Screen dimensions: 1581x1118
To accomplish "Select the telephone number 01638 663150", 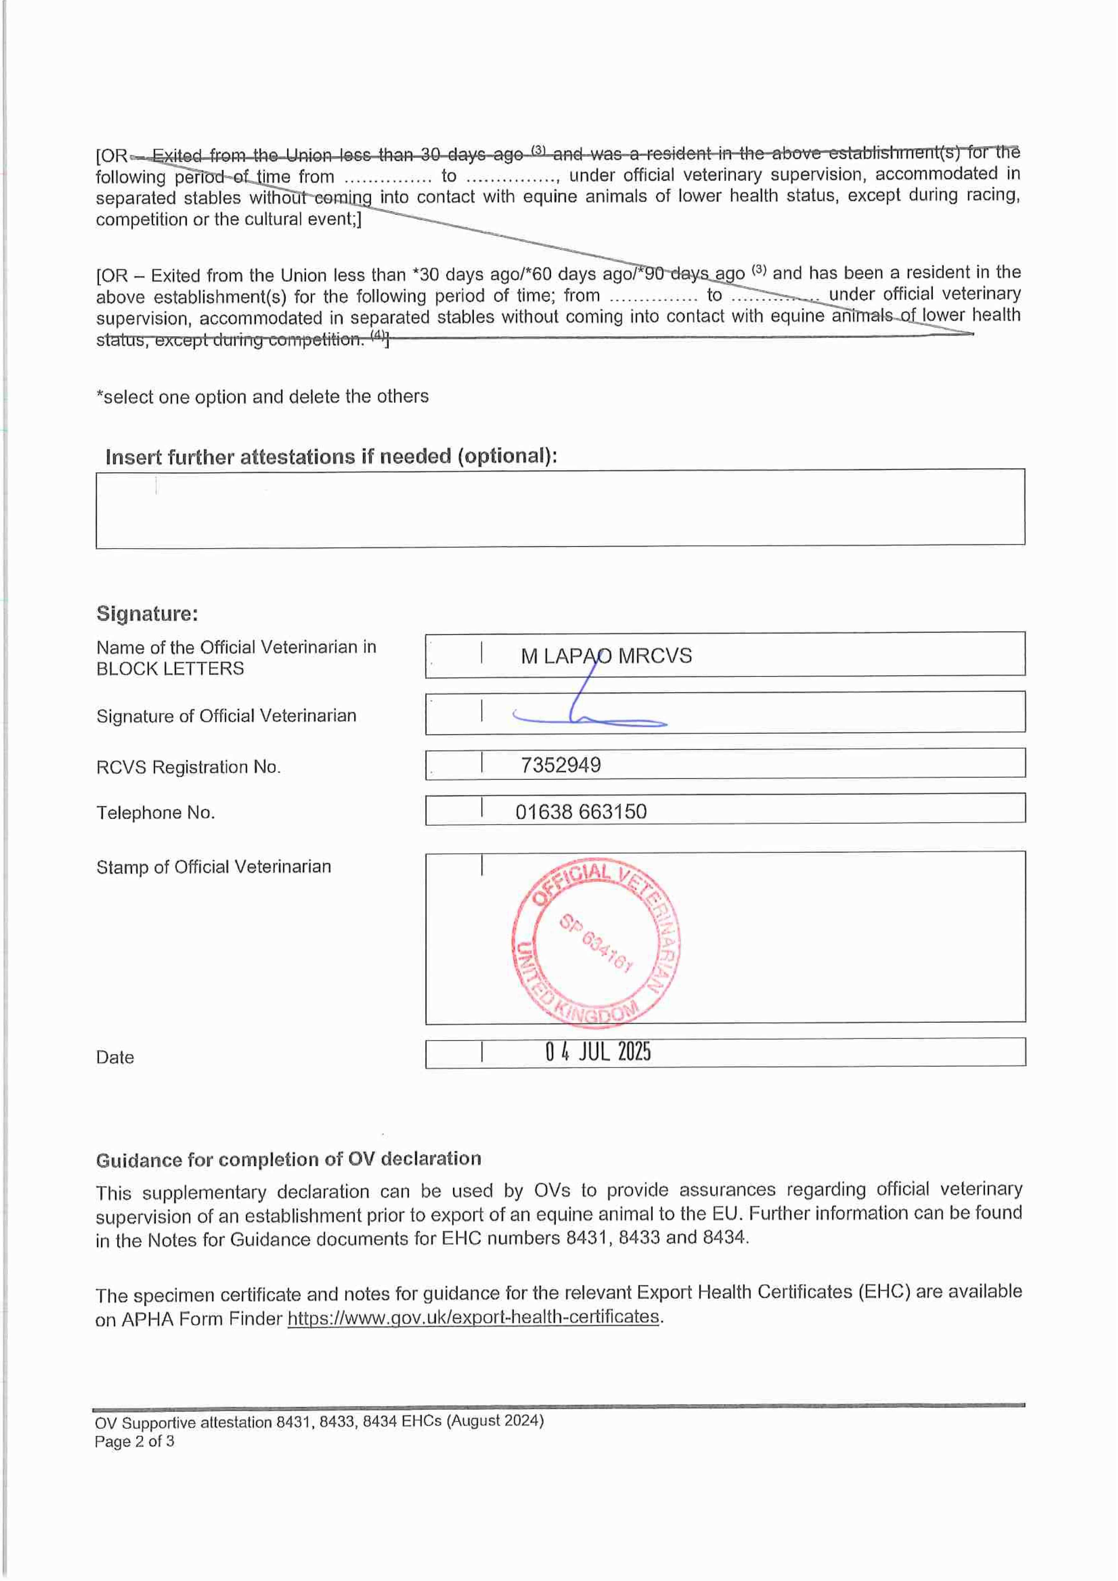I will [581, 812].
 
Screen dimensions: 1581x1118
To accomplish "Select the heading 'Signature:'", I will [147, 613].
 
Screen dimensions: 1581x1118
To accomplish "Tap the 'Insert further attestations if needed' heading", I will [330, 457].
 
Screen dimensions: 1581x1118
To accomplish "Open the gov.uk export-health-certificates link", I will [473, 1317].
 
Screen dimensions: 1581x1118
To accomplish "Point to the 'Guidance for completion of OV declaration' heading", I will [288, 1160].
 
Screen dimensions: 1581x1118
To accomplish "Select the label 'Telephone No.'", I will [155, 813].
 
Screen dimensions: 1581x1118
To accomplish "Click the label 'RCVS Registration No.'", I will [188, 767].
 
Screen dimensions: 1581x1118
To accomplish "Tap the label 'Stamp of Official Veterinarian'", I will [213, 867].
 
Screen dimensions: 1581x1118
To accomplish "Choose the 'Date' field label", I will [115, 1058].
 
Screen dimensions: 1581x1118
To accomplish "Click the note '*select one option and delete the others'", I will [262, 397].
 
